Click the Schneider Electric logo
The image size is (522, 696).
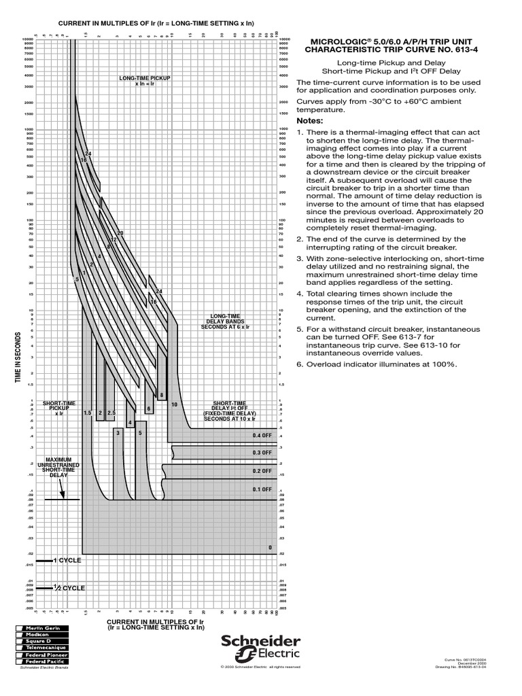[x=258, y=648]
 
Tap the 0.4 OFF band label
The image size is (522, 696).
[x=262, y=435]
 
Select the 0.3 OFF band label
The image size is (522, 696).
[x=262, y=453]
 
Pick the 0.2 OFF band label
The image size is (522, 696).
[x=262, y=471]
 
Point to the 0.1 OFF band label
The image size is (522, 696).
[x=262, y=489]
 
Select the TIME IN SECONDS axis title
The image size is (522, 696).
[x=19, y=358]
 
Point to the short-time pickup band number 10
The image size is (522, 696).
[x=174, y=405]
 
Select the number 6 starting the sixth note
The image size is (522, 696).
[x=299, y=364]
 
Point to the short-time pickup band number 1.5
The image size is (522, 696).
[x=87, y=413]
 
